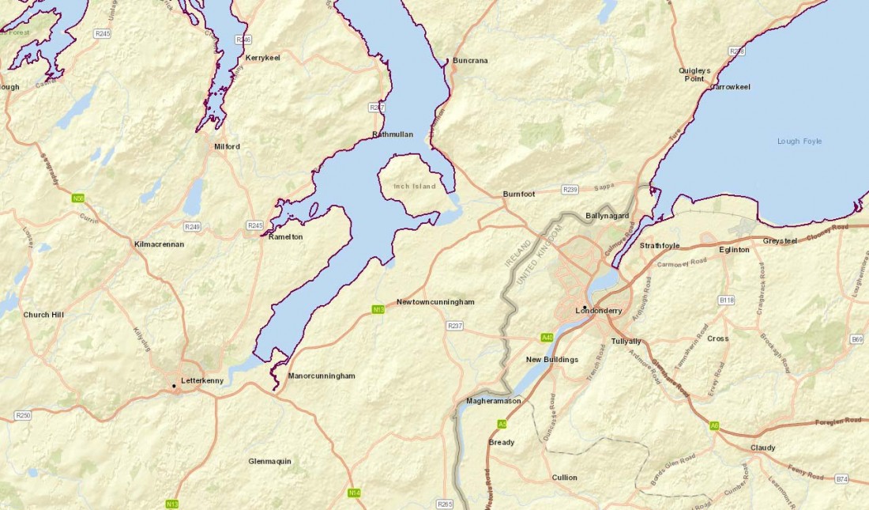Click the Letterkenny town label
202,380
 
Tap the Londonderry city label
605,311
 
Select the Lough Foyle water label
799,142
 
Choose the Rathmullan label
393,134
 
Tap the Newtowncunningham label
435,302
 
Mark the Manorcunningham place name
322,376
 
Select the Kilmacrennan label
159,244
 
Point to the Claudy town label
762,448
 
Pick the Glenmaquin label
269,461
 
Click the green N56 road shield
78,198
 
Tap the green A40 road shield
547,338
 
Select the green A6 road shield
714,425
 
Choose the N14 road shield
354,493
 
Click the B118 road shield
727,300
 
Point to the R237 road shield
454,326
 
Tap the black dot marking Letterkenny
175,386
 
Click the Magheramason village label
494,401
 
